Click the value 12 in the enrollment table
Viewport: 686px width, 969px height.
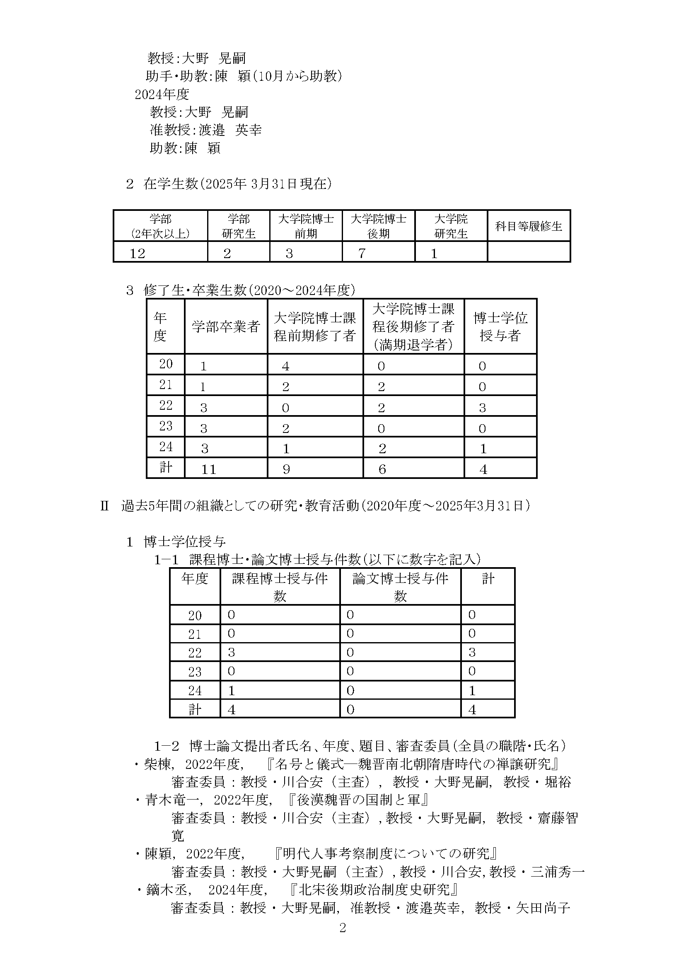138,254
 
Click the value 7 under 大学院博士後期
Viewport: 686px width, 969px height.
362,254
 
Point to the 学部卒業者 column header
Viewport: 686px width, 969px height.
226,326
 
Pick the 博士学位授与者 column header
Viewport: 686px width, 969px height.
500,326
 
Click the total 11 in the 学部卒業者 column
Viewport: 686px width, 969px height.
209,469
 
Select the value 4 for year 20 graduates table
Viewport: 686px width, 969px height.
285,366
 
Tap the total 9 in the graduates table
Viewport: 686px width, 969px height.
286,469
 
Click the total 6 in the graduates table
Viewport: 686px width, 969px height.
382,469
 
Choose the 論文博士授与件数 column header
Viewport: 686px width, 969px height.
400,587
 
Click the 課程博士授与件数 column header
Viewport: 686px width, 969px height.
280,587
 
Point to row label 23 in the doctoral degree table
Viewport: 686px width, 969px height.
195,672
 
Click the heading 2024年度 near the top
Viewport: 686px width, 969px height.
162,94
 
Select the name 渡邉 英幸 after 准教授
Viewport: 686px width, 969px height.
230,130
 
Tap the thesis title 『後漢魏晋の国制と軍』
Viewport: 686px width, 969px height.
357,800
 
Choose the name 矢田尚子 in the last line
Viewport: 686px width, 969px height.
543,908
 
